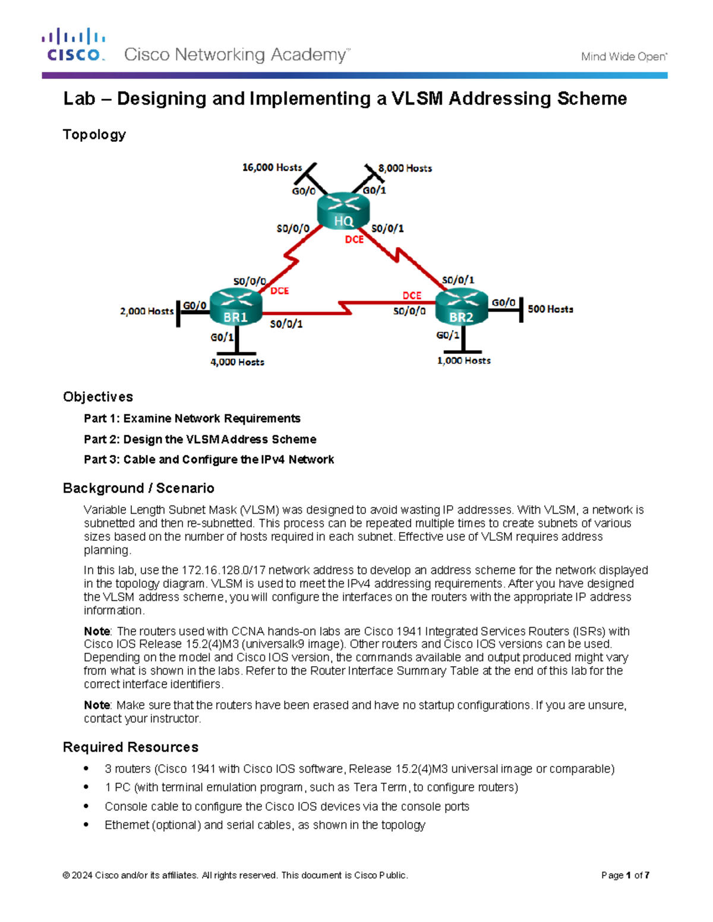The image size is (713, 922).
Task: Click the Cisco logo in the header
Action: pos(74,45)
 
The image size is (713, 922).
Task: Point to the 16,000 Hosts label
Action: pos(272,168)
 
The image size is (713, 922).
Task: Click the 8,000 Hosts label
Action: pos(405,169)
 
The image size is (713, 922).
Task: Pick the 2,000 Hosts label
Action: pos(147,311)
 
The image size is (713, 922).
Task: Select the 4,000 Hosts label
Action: pos(237,362)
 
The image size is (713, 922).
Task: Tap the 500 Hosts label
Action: pos(550,309)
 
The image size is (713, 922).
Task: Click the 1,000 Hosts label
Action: pos(463,360)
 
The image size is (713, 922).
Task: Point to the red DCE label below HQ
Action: pos(354,239)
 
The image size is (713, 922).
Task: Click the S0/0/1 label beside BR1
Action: pos(286,324)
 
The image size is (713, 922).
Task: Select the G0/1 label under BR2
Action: pos(447,335)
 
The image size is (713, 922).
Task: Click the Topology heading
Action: pos(94,135)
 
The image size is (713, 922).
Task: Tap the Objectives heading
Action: pos(98,397)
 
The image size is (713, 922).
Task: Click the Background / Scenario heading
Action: pos(138,488)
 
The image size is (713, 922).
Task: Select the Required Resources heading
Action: pos(131,747)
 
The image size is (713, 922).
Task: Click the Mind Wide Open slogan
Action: pos(623,57)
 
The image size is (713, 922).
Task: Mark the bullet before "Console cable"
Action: pos(87,806)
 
